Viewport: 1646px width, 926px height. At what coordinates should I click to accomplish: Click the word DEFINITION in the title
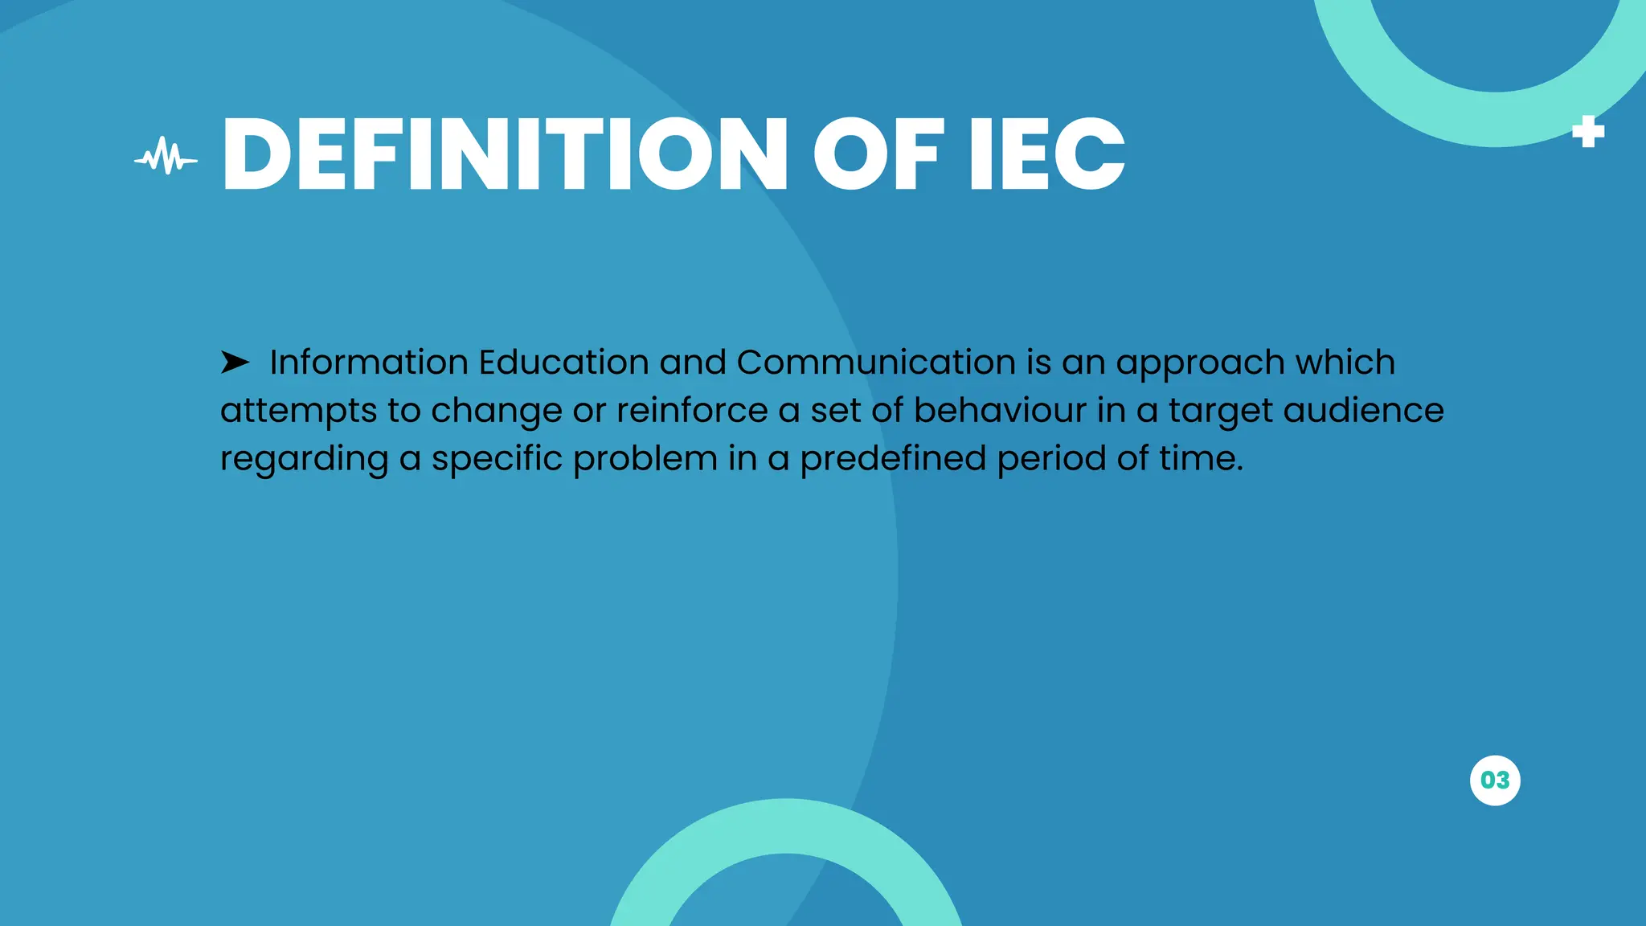tap(505, 154)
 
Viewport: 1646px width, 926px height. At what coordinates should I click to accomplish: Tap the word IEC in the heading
tap(1046, 154)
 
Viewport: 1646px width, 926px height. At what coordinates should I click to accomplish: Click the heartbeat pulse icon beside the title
tap(166, 157)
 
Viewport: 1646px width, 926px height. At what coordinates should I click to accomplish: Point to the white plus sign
tap(1587, 132)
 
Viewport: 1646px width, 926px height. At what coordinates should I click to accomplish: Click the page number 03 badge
tap(1495, 780)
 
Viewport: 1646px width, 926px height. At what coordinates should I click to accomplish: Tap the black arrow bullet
tap(235, 363)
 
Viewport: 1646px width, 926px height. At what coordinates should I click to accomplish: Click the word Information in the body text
tap(369, 363)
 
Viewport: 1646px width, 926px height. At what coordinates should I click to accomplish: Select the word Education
tap(563, 363)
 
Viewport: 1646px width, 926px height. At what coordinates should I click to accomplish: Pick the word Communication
tap(876, 363)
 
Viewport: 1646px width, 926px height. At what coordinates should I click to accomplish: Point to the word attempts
tap(298, 412)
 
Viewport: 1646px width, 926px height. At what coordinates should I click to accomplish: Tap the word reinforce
tap(692, 410)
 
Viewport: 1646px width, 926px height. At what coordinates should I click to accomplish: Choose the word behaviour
tap(1000, 410)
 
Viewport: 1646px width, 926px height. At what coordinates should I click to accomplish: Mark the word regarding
tap(304, 460)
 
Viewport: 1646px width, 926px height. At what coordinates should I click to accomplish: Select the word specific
tap(497, 460)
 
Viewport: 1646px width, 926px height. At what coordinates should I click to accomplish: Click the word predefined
tap(893, 460)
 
